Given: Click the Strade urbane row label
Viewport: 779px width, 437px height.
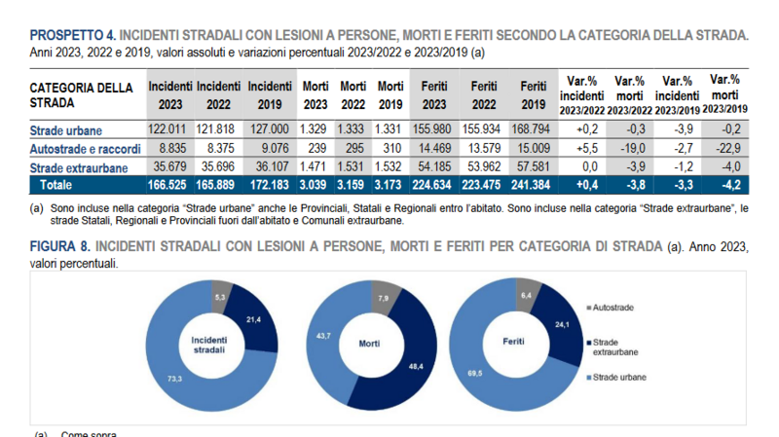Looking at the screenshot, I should (x=66, y=129).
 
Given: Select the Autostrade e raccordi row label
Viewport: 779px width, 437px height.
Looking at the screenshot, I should (x=86, y=148).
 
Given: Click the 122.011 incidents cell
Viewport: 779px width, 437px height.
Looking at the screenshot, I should (x=170, y=129).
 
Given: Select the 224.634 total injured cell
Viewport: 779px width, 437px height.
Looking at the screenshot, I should (x=434, y=184).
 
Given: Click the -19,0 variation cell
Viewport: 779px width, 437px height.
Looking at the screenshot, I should (x=631, y=148).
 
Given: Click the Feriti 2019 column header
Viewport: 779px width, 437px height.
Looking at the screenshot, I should (x=533, y=94).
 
